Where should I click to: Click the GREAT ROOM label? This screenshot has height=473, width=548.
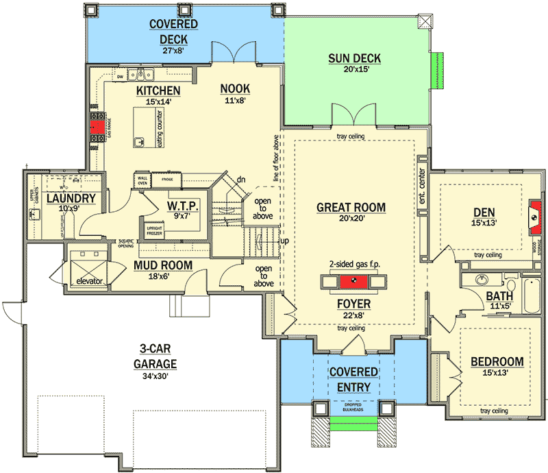[351, 207]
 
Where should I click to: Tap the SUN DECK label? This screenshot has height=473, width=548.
[354, 58]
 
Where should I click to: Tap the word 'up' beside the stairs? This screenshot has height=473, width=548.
[284, 242]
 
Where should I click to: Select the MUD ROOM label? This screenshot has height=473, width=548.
[162, 265]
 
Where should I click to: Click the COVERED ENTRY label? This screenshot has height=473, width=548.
[353, 379]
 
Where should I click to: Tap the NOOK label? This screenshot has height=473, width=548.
[235, 88]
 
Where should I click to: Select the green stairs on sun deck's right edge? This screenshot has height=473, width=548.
[433, 71]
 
